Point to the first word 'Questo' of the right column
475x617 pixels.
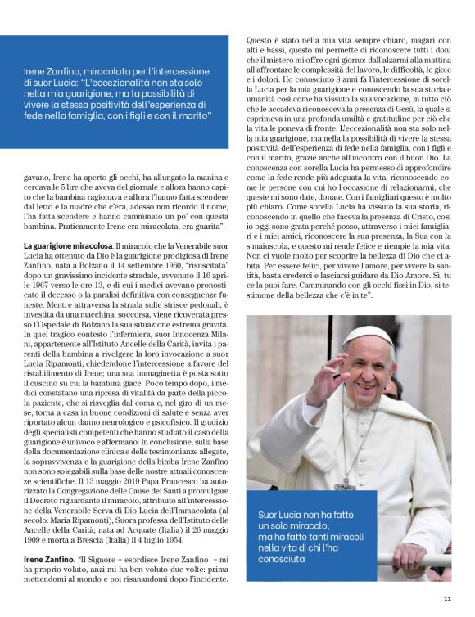tap(260, 40)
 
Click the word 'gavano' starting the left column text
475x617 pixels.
tap(38, 153)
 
